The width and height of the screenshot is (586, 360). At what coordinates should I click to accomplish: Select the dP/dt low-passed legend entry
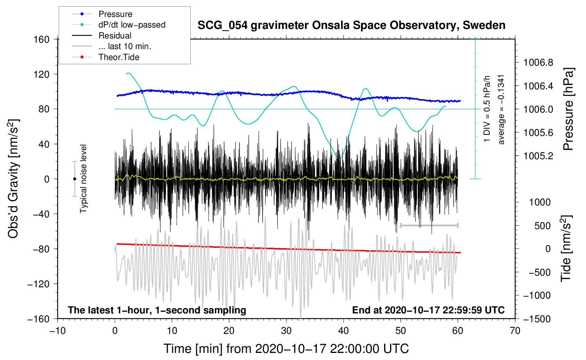pos(132,25)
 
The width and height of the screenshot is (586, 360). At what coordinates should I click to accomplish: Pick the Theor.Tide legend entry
pos(119,57)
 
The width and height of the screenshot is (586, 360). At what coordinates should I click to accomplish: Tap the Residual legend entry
pos(115,36)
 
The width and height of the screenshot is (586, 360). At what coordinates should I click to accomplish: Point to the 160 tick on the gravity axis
pos(42,39)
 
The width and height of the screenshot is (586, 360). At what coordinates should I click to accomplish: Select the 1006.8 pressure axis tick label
pos(538,63)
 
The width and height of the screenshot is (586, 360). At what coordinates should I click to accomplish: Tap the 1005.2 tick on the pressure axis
pos(538,156)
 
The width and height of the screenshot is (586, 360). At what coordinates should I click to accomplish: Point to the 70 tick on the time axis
pos(515,331)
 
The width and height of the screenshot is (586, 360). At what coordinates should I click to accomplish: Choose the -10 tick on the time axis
pos(58,331)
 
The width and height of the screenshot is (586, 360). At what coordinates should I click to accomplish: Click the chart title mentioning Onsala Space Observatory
pos(351,25)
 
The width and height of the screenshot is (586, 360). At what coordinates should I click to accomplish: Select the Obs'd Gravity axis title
pos(13,179)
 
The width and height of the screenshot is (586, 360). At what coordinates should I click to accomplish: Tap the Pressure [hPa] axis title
pos(568,109)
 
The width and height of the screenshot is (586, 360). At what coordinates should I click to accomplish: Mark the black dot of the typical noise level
pos(74,179)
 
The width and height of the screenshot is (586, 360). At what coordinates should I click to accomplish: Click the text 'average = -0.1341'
pos(501,109)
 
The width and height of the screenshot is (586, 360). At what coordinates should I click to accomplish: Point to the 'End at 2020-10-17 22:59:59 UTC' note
pos(428,310)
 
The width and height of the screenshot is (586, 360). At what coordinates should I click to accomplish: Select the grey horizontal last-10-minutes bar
pos(429,225)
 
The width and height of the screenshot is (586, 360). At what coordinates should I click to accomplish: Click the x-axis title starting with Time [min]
pos(286,349)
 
